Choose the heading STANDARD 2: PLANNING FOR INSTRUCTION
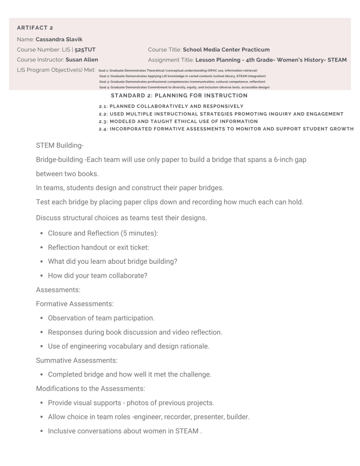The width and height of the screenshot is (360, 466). tap(179, 96)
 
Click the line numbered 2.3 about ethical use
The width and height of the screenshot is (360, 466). tap(178, 122)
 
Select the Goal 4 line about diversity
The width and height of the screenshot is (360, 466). tap(184, 87)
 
